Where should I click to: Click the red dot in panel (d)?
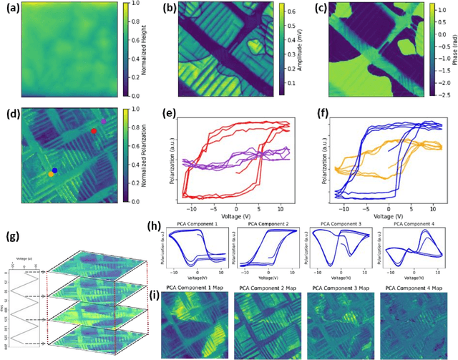click(x=94, y=131)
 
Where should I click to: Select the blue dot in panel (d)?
click(x=54, y=170)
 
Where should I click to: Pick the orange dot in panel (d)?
click(x=50, y=174)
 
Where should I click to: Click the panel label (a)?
click(x=9, y=8)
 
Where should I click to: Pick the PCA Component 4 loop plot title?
click(x=411, y=224)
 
